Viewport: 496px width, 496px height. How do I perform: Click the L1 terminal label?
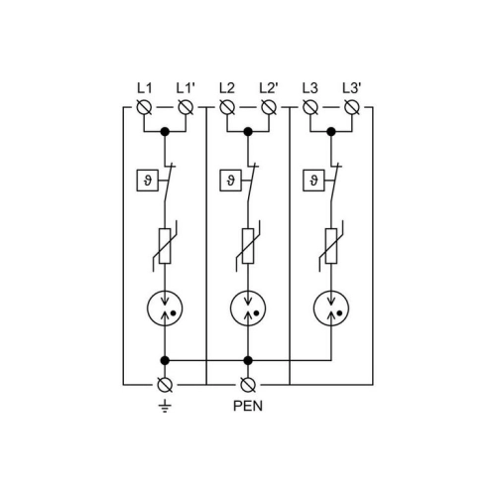pos(145,88)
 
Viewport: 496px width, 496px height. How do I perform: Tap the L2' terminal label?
pos(269,88)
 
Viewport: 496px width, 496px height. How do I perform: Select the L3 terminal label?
pos(310,88)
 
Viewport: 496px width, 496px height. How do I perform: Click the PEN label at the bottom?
pos(248,406)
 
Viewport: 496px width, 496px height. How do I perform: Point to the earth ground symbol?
pos(165,406)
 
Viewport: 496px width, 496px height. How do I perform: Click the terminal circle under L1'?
pos(186,107)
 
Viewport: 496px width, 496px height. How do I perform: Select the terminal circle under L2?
pos(227,107)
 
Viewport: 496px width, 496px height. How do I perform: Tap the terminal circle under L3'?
pos(352,107)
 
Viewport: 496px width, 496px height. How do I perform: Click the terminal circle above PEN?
pos(248,385)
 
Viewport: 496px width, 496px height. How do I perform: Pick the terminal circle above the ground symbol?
pos(165,385)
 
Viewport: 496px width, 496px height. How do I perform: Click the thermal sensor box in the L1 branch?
pos(148,181)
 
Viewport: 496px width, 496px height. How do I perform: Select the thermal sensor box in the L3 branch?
pos(313,181)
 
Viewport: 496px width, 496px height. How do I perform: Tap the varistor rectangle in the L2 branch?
pos(248,246)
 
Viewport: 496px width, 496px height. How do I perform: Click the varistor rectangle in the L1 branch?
pos(165,246)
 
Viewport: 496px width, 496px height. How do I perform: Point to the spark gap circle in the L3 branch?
pos(331,309)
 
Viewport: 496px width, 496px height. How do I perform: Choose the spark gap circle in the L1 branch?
pos(165,309)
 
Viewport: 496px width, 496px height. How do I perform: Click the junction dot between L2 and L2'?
pos(248,132)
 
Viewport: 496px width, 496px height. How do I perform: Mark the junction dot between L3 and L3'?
pos(331,132)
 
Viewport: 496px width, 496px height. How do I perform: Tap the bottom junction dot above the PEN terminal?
pos(248,360)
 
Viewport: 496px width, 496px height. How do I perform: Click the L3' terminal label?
pos(352,88)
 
